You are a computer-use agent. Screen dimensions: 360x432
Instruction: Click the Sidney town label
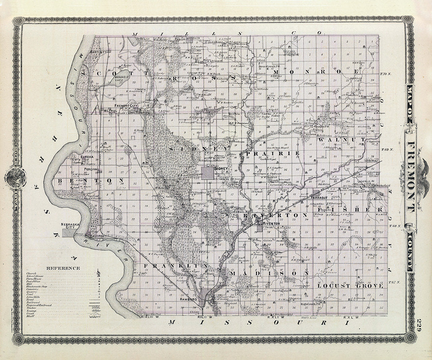221,169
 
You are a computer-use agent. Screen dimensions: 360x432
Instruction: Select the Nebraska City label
68,226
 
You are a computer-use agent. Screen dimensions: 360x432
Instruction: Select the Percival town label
91,169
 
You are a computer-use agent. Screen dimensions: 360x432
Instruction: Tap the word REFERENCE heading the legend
63,268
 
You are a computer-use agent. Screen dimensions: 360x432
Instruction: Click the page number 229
419,324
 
